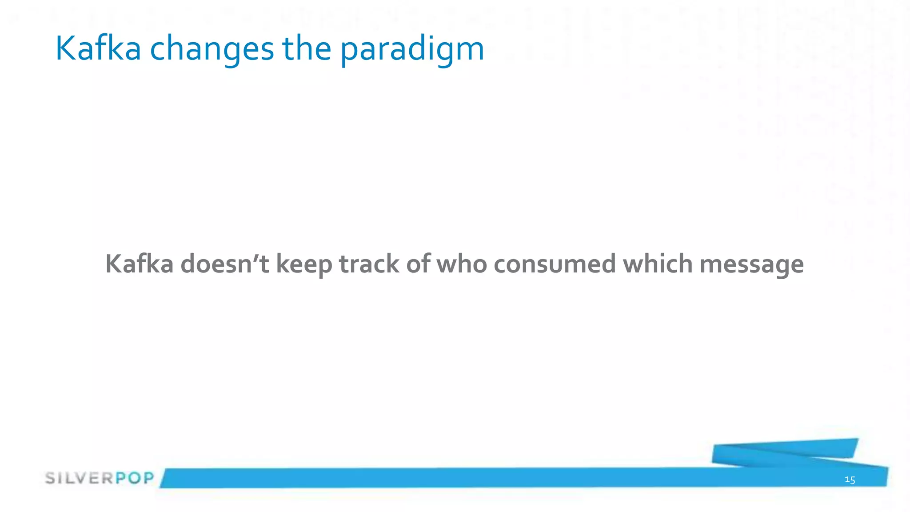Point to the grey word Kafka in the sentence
(139, 264)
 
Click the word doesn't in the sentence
(225, 264)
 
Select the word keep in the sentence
(304, 264)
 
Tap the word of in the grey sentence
(418, 264)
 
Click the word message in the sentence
(751, 265)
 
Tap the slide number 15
(850, 480)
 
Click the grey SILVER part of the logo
(79, 478)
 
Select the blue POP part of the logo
(135, 478)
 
